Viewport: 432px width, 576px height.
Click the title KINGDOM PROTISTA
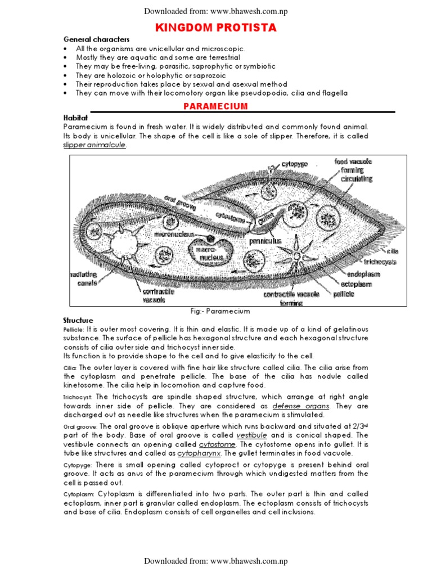click(216, 28)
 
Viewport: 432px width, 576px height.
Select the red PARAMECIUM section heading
click(216, 106)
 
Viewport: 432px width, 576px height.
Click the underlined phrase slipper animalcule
click(94, 145)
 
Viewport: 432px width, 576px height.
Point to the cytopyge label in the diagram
click(294, 164)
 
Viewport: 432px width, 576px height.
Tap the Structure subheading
click(78, 320)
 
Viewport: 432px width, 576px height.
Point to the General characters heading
click(96, 39)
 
